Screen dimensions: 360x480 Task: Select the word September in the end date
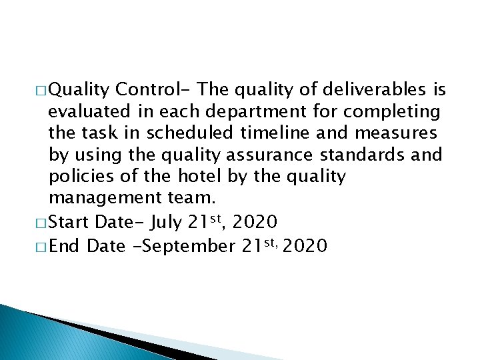tap(183, 245)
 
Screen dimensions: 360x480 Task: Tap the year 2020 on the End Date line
tap(305, 245)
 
